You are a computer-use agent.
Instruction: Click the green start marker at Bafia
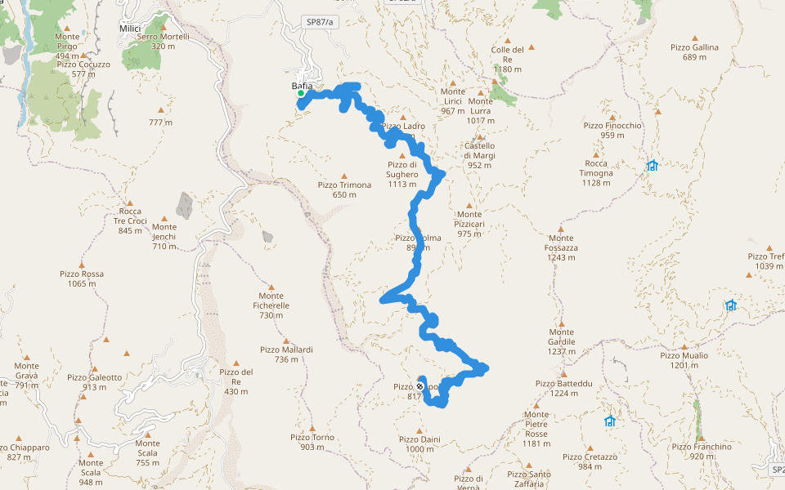pos(301,94)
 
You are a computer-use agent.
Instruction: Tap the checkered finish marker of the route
pos(420,386)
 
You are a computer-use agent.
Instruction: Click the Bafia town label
pos(303,86)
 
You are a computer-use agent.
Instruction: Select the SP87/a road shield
pos(320,22)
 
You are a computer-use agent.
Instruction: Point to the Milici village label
pos(130,29)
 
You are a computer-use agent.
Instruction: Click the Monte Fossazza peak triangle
pos(560,228)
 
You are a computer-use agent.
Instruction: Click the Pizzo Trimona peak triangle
pos(344,176)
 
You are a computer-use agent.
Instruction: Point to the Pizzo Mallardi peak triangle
pos(286,340)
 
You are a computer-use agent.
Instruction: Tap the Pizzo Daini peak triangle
pos(419,430)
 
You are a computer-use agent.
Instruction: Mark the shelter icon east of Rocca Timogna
pos(652,166)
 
